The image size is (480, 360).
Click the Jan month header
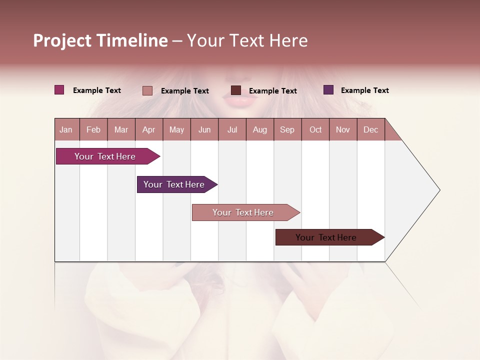coord(66,129)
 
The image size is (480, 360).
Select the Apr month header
coord(149,129)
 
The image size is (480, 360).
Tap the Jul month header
coord(232,129)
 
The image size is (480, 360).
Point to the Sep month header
coord(287,129)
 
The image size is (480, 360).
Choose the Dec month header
coord(370,129)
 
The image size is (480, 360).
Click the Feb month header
coord(93,129)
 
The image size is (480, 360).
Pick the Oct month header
coord(315,129)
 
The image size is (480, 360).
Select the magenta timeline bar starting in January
coord(105,156)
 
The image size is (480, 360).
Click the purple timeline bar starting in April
coord(174,184)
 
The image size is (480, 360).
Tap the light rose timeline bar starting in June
coord(243,212)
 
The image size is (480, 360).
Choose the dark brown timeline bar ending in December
coord(326,237)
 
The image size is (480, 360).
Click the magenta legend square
coord(59,90)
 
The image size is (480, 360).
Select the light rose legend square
coord(147,90)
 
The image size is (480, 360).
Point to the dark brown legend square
coord(236,90)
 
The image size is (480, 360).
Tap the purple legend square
coord(328,90)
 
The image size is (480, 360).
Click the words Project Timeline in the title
coord(100,40)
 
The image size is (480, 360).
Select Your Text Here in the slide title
coord(247,40)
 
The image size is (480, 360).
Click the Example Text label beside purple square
coord(364,90)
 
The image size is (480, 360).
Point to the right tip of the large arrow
coord(438,190)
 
